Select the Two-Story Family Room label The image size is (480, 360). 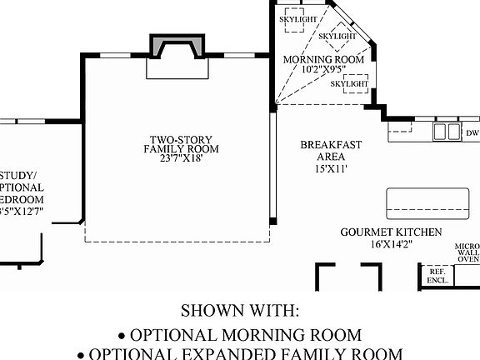click(180, 144)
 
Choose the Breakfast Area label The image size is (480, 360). click(331, 151)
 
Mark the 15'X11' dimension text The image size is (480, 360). click(331, 168)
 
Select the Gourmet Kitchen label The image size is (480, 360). click(391, 232)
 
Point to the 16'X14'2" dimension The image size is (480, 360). click(391, 245)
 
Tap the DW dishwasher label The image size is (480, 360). click(472, 133)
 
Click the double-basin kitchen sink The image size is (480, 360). click(447, 131)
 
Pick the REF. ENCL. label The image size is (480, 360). click(437, 277)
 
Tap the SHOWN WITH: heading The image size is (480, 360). click(240, 311)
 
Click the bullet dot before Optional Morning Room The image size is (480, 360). click(122, 336)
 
